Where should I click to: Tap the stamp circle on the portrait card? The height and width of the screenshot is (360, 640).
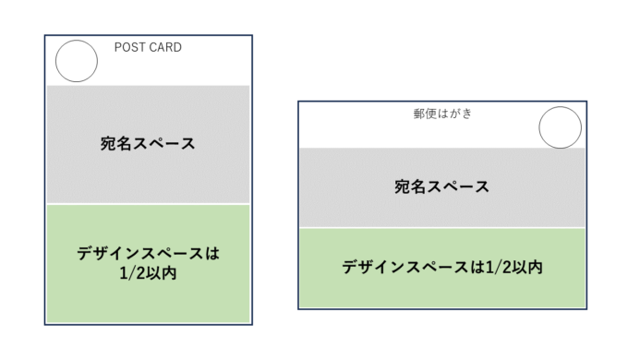[77, 61]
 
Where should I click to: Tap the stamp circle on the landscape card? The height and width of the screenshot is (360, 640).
[560, 127]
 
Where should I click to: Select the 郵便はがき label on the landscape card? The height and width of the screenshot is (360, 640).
[443, 114]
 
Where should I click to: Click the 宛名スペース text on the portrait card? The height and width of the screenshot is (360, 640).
[148, 144]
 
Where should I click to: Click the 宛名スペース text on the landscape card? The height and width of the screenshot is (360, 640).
[441, 187]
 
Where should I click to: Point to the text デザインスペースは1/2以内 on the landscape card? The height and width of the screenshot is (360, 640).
[441, 268]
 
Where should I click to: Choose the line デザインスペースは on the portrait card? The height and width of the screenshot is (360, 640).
[148, 253]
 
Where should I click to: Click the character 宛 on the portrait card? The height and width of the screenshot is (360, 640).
[108, 144]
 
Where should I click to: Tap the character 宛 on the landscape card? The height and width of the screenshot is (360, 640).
[402, 187]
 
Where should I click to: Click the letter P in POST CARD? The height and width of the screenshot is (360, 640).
[117, 48]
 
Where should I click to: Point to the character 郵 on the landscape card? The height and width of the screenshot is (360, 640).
[419, 114]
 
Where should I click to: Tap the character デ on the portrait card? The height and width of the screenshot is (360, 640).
[83, 253]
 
